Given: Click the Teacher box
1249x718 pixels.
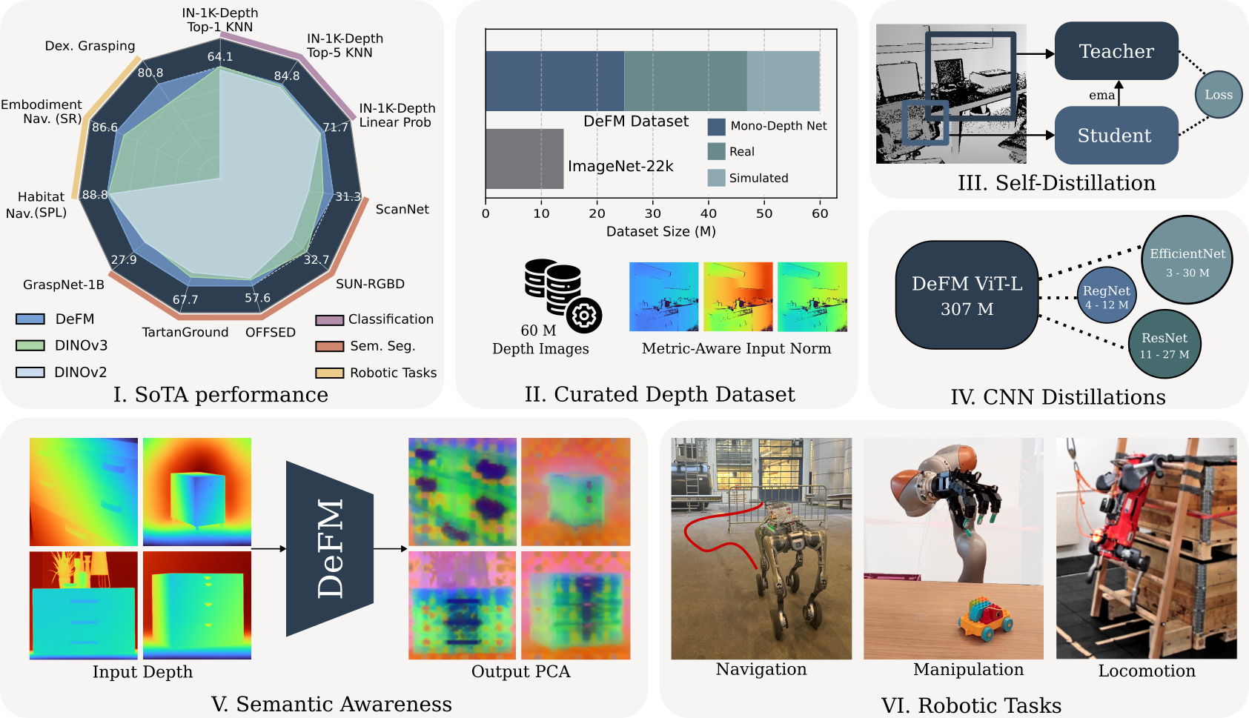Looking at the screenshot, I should pyautogui.click(x=1116, y=51).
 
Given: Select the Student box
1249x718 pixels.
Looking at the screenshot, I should pyautogui.click(x=1116, y=136).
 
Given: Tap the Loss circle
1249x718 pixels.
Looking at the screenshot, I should pyautogui.click(x=1218, y=95).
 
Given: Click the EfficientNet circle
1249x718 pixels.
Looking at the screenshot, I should pyautogui.click(x=1187, y=259).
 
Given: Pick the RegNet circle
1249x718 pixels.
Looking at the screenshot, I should pyautogui.click(x=1106, y=296).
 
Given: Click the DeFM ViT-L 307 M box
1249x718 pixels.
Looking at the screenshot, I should pyautogui.click(x=967, y=295).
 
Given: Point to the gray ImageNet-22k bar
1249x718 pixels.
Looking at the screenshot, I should pyautogui.click(x=524, y=159).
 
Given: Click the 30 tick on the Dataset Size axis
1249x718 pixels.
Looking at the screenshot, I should pyautogui.click(x=652, y=213).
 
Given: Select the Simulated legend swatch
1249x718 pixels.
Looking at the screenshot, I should pyautogui.click(x=716, y=178).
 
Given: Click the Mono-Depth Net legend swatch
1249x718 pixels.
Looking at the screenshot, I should pyautogui.click(x=716, y=126).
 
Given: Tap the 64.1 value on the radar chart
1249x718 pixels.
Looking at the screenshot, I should pyautogui.click(x=220, y=56).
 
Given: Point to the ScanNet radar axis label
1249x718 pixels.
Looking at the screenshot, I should pyautogui.click(x=402, y=210).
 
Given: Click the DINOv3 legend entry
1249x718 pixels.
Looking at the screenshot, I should pyautogui.click(x=62, y=345).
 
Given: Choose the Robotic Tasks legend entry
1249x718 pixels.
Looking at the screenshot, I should pyautogui.click(x=376, y=373).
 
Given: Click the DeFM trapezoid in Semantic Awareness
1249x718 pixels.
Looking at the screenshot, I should pyautogui.click(x=330, y=548).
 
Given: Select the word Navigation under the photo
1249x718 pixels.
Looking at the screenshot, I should pyautogui.click(x=761, y=669).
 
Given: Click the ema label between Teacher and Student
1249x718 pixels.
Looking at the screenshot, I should pyautogui.click(x=1101, y=95).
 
